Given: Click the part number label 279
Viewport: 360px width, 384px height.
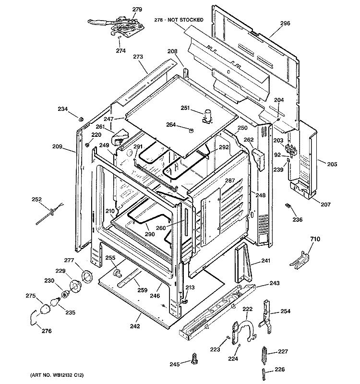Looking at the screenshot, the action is [137, 9].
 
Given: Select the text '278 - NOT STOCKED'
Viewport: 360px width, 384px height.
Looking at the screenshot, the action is [179, 20].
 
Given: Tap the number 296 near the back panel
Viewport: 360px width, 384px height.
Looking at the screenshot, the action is [285, 23].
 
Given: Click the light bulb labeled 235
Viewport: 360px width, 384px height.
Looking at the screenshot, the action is [55, 302].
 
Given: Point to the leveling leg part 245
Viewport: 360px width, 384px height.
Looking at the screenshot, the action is [195, 359].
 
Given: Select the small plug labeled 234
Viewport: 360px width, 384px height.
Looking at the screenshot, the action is [81, 119].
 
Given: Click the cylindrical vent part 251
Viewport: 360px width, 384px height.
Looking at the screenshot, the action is [208, 116].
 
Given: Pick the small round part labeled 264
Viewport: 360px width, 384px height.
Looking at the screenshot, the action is [191, 130].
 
